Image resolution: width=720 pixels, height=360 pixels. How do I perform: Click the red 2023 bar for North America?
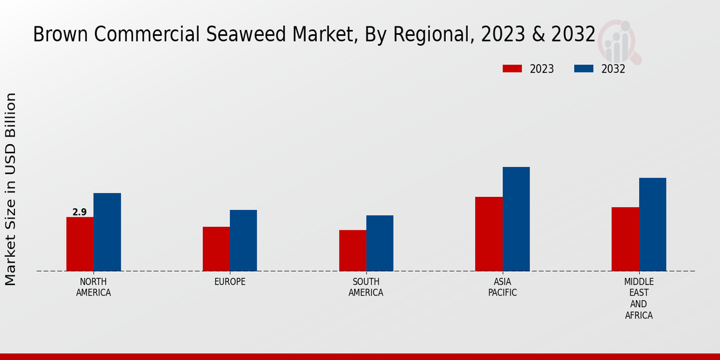click(80, 244)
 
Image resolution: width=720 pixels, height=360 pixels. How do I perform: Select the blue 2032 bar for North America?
click(107, 232)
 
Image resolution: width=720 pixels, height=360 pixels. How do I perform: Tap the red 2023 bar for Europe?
click(216, 248)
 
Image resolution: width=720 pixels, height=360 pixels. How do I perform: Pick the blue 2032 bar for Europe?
click(243, 240)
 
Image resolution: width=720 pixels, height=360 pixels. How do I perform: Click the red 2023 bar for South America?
click(352, 250)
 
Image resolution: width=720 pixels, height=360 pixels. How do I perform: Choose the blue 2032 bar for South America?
click(380, 243)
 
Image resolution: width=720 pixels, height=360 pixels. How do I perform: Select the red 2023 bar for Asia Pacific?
click(488, 233)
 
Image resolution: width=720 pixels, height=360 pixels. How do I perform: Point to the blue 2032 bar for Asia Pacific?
click(516, 218)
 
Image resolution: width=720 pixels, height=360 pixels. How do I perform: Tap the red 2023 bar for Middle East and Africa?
click(625, 239)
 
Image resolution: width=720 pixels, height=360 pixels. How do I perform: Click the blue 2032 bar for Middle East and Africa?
click(652, 224)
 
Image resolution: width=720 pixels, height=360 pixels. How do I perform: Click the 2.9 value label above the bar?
click(80, 212)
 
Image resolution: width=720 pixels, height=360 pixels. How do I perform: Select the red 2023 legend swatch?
click(512, 69)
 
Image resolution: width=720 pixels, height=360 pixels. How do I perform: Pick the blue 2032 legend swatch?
click(584, 69)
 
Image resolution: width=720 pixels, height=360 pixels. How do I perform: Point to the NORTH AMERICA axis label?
click(94, 287)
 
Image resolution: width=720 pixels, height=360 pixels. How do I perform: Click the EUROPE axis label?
click(230, 282)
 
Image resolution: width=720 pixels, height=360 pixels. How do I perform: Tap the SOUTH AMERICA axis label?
click(366, 287)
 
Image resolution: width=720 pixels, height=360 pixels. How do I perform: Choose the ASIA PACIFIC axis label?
click(502, 287)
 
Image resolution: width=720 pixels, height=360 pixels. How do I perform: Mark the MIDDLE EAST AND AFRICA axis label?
click(638, 298)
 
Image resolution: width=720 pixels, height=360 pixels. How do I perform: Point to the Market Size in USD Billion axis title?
click(11, 189)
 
